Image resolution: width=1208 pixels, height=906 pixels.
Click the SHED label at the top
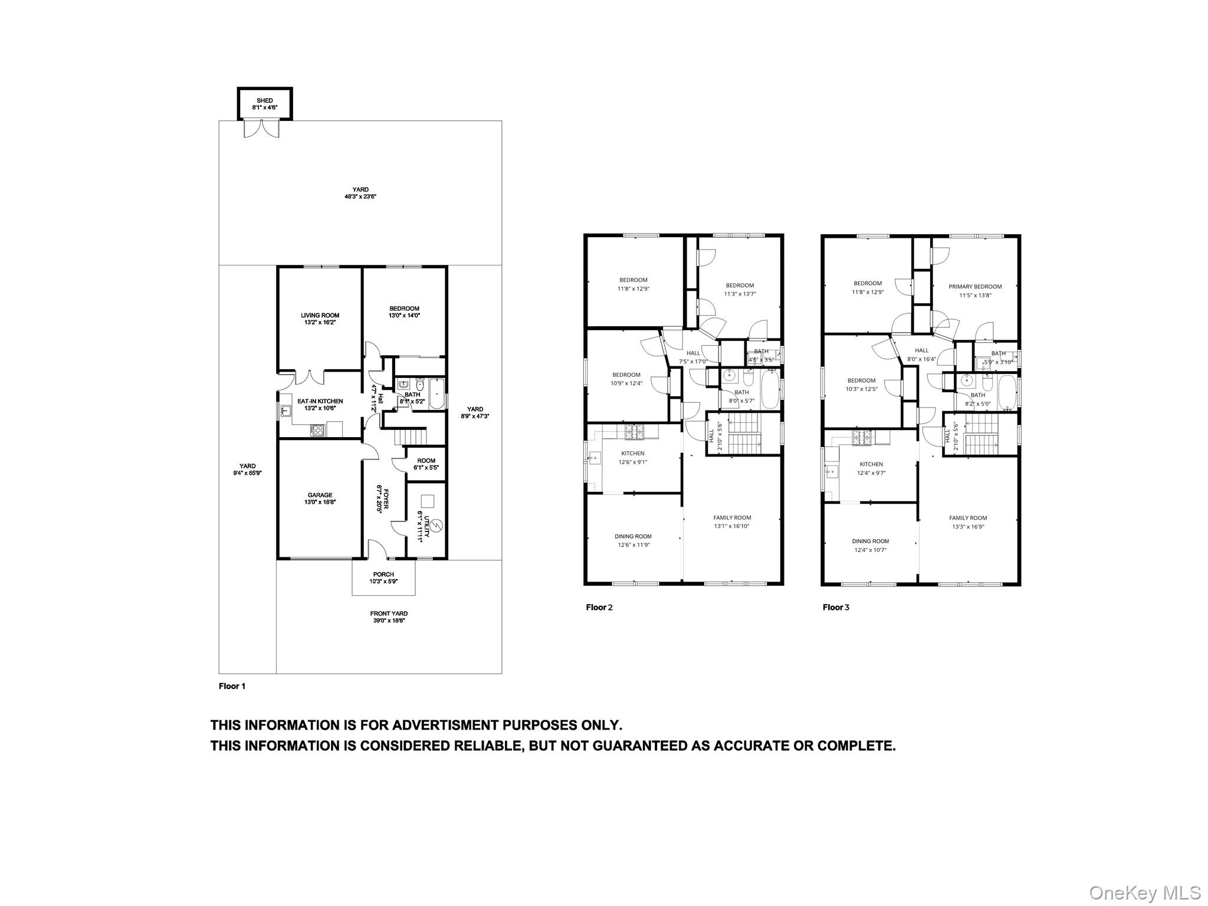[265, 101]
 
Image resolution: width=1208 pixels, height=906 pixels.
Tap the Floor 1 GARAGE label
[320, 495]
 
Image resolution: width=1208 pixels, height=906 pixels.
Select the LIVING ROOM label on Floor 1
[320, 316]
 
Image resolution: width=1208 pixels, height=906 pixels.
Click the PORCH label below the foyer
[383, 575]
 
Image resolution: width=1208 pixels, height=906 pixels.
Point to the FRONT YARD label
[389, 613]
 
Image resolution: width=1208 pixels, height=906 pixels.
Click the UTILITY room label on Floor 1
[420, 521]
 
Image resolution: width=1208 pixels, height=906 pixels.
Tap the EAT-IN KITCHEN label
[320, 401]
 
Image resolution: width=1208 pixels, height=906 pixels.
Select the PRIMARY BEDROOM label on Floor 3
[975, 287]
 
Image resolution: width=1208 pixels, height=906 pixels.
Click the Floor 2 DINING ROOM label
[633, 537]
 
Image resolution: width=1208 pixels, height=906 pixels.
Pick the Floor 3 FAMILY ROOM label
[968, 518]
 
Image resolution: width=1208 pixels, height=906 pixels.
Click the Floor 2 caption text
[599, 607]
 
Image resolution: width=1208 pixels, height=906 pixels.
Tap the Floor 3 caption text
[836, 607]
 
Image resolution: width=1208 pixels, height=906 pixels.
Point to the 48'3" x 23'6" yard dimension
[360, 197]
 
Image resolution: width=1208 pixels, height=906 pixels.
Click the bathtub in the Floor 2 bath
[770, 389]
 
